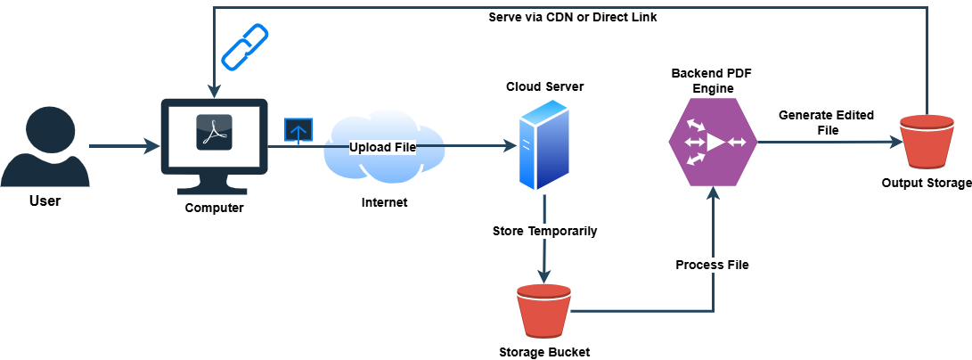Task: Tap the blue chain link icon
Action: pos(244,47)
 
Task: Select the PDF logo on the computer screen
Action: pos(214,133)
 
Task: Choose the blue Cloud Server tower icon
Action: pos(543,144)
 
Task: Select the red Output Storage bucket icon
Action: pos(927,143)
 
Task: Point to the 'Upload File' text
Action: pos(382,146)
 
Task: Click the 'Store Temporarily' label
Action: pos(544,231)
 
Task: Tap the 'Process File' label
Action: pos(712,265)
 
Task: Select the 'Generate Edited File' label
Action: pos(826,122)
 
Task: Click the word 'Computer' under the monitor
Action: pos(214,208)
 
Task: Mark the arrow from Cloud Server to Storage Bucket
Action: pos(543,258)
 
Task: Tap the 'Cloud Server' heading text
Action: pos(544,86)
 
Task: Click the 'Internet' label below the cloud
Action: pos(384,202)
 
